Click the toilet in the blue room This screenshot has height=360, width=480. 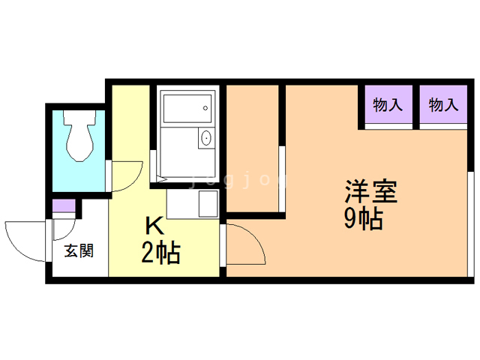coord(80,136)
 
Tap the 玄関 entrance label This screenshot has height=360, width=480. coord(79,251)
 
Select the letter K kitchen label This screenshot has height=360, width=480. coord(155,226)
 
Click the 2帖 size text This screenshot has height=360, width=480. coord(160,253)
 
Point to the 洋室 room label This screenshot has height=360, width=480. coord(371,192)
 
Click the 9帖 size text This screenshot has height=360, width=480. coord(363,218)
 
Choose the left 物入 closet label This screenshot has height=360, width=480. coord(388,105)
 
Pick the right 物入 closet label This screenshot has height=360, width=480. coord(443,105)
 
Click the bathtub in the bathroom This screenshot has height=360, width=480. coord(187,109)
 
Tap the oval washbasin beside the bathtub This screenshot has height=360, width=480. coord(206,138)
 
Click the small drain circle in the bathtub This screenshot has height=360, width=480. coord(205,108)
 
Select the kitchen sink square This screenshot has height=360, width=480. coord(208,203)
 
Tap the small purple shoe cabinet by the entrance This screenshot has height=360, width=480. coord(64,205)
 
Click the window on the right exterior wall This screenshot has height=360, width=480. coord(471,224)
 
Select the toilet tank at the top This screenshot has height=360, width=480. coord(80,117)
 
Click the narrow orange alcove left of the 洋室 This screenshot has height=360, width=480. coord(252,148)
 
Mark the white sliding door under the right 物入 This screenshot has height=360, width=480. coord(443,127)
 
